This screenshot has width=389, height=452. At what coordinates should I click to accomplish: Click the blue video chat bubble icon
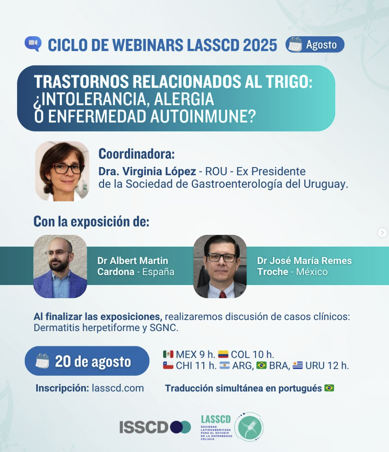click(x=33, y=44)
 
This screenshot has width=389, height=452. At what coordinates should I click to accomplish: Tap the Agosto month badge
click(x=315, y=44)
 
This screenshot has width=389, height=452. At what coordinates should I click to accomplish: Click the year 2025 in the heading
click(x=260, y=45)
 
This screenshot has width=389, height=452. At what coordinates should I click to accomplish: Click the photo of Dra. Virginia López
click(x=62, y=171)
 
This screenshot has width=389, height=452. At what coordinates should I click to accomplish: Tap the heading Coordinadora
click(x=137, y=154)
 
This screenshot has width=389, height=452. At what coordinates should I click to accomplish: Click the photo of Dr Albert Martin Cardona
click(x=60, y=266)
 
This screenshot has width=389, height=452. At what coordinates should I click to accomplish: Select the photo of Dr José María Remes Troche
click(x=220, y=266)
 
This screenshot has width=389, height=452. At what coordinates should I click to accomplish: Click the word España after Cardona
click(x=158, y=272)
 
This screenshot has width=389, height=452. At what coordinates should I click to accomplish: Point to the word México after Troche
click(x=312, y=272)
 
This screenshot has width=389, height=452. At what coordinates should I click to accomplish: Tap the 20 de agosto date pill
click(x=87, y=361)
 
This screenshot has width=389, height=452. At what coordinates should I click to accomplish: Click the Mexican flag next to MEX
click(x=168, y=354)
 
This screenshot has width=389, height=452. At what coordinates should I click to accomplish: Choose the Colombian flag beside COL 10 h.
click(x=223, y=354)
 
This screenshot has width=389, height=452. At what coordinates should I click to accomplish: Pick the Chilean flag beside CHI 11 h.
click(x=168, y=365)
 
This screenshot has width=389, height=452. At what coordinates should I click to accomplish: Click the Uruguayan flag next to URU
click(x=297, y=365)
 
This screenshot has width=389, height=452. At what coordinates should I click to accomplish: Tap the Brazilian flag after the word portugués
click(x=329, y=388)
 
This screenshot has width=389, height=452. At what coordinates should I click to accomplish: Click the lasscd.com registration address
click(x=118, y=388)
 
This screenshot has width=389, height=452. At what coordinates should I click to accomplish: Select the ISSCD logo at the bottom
click(x=155, y=427)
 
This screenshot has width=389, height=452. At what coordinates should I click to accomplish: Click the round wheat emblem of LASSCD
click(x=248, y=427)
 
